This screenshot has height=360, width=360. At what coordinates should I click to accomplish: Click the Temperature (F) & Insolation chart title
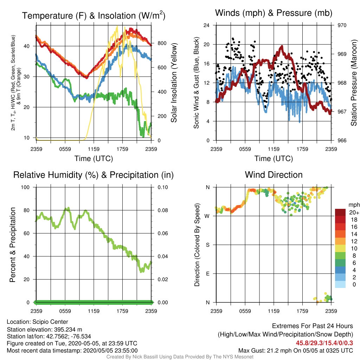point(94,15)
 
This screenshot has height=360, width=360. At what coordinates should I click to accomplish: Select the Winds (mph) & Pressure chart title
point(274,13)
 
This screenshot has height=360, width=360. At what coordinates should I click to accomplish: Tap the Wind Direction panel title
point(274,175)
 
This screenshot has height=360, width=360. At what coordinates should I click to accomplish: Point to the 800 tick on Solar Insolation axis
point(162,43)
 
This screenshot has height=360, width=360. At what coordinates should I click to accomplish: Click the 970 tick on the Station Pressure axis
point(342,25)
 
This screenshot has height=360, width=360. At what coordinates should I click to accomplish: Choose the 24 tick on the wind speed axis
point(206,25)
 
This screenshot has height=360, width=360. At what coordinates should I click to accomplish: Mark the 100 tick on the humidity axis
point(25,187)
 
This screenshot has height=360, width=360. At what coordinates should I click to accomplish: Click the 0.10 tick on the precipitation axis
point(163,187)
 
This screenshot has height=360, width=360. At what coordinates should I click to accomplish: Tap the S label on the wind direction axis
point(207,245)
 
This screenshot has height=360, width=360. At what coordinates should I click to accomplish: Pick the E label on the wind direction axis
point(208,274)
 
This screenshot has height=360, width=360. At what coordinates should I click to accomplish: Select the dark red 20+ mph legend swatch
point(340,212)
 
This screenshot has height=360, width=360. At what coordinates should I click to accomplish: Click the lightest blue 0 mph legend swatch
point(340,284)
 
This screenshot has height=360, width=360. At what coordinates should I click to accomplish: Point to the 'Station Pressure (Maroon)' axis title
point(354,83)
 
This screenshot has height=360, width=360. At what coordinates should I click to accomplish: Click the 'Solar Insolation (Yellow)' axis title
point(174,83)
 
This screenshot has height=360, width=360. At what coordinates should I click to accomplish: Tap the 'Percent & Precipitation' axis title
point(12,245)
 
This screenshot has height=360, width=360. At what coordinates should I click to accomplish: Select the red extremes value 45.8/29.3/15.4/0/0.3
point(324,343)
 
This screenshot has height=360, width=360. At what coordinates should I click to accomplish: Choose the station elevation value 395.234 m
point(68,330)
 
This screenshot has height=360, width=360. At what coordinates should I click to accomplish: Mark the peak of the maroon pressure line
point(282,47)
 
